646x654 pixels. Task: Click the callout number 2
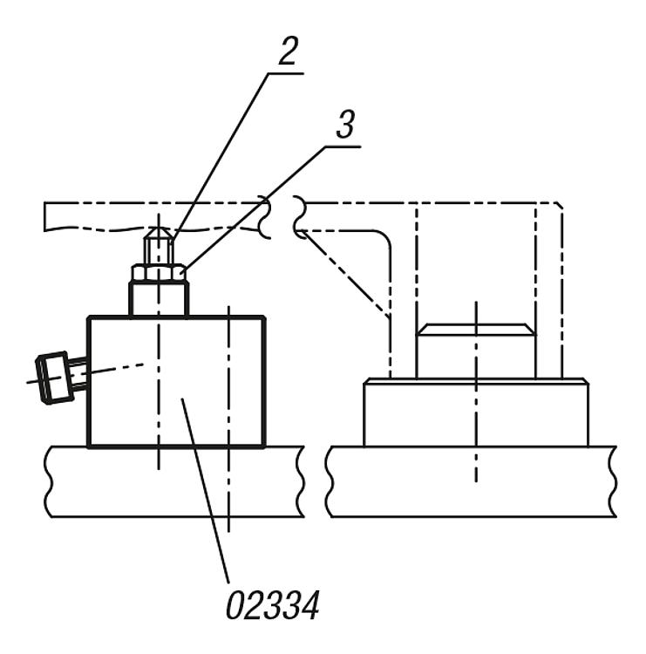click(x=288, y=51)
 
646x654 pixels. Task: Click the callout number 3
click(x=345, y=125)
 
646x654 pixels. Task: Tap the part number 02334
click(x=273, y=605)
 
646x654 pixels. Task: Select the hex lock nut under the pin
click(x=159, y=272)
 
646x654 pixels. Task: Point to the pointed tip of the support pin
click(x=158, y=228)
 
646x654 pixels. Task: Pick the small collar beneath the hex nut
click(x=159, y=299)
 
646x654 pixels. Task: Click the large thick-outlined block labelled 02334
click(x=176, y=382)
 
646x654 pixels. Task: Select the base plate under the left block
click(x=174, y=481)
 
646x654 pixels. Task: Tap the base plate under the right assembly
click(x=472, y=481)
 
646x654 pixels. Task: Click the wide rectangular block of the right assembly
click(x=476, y=413)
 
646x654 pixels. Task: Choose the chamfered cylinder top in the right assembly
click(x=476, y=330)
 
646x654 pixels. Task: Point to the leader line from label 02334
click(x=205, y=490)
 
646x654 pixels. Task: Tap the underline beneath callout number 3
click(x=343, y=146)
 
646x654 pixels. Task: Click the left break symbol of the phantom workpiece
click(x=265, y=217)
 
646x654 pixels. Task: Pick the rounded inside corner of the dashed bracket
click(x=383, y=237)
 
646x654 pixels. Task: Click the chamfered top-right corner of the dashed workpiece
click(x=559, y=205)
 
